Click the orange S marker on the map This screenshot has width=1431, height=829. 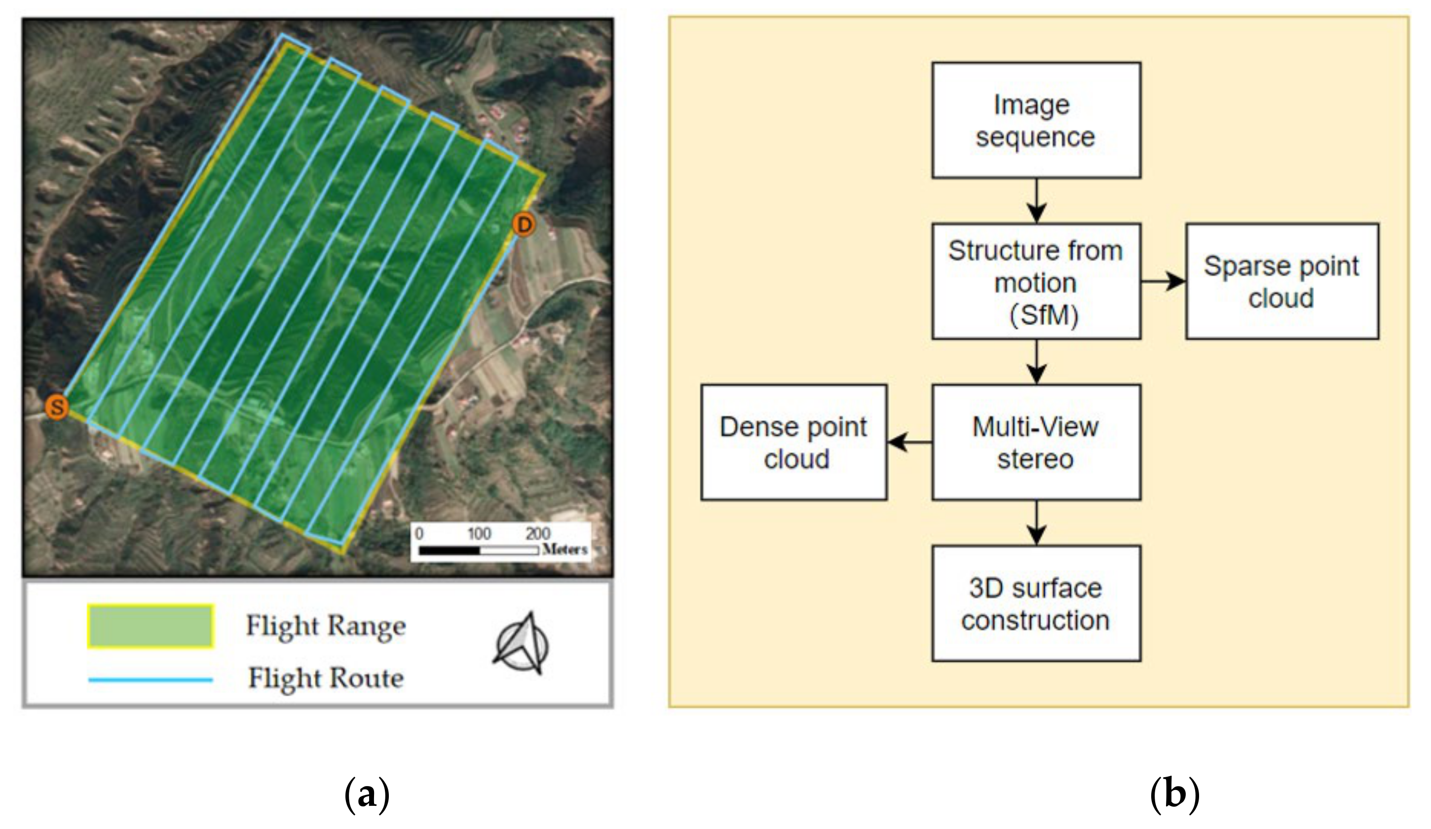pos(57,407)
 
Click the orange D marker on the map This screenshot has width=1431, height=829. pos(523,225)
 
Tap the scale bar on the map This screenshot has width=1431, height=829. pos(478,550)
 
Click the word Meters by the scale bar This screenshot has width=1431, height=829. pos(565,549)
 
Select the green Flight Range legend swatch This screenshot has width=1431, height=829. pos(151,626)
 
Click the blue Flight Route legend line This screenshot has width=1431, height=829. pos(151,679)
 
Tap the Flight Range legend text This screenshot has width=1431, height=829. pos(325,626)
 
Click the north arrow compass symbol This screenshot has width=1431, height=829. pos(521,644)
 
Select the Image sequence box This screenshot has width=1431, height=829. pos(1036,120)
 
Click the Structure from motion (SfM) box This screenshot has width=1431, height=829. pos(1036,282)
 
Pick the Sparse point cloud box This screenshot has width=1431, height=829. pos(1281,282)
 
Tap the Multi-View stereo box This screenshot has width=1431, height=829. pos(1036,442)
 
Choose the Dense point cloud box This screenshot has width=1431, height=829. pos(794,442)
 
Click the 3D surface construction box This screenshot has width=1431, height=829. pos(1036,603)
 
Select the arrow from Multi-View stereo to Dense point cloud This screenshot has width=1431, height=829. pos(909,442)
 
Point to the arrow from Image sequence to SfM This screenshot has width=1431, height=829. pos(1036,200)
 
